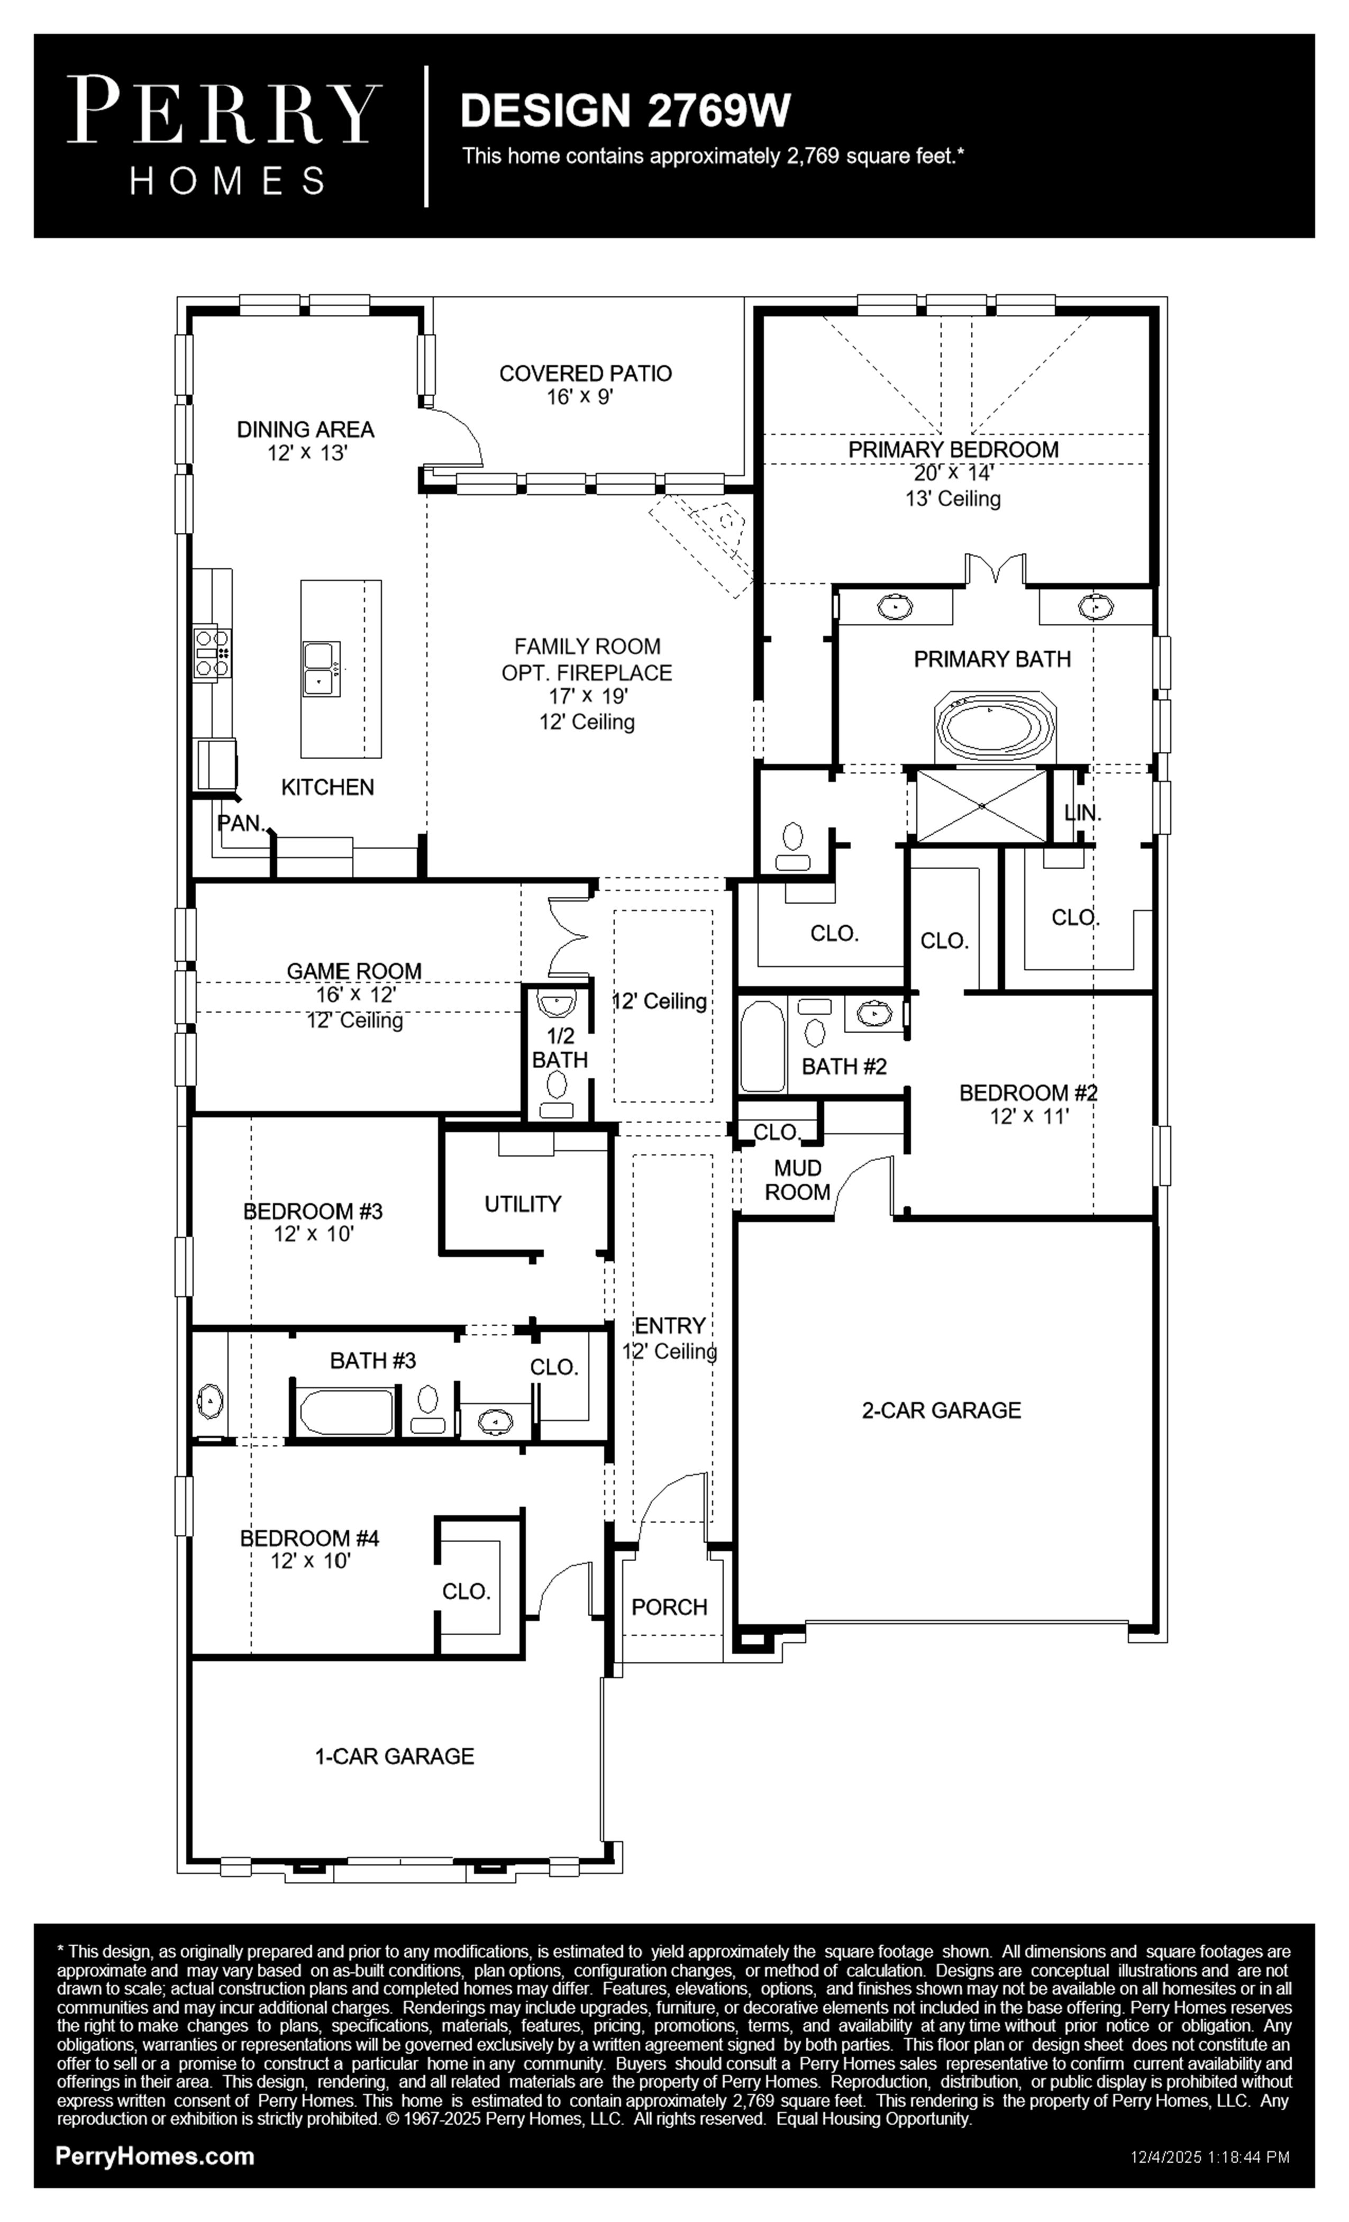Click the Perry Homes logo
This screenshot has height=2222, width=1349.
[224, 135]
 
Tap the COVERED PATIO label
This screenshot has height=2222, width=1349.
[585, 374]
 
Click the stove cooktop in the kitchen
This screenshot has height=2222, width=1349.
[213, 652]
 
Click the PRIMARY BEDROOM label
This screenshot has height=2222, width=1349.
[953, 449]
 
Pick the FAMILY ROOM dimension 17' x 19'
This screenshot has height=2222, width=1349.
[587, 696]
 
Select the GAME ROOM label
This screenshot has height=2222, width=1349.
[353, 971]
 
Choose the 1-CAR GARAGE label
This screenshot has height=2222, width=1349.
[394, 1756]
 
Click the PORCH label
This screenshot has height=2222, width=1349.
[669, 1607]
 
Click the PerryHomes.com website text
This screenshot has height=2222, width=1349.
[155, 2156]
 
